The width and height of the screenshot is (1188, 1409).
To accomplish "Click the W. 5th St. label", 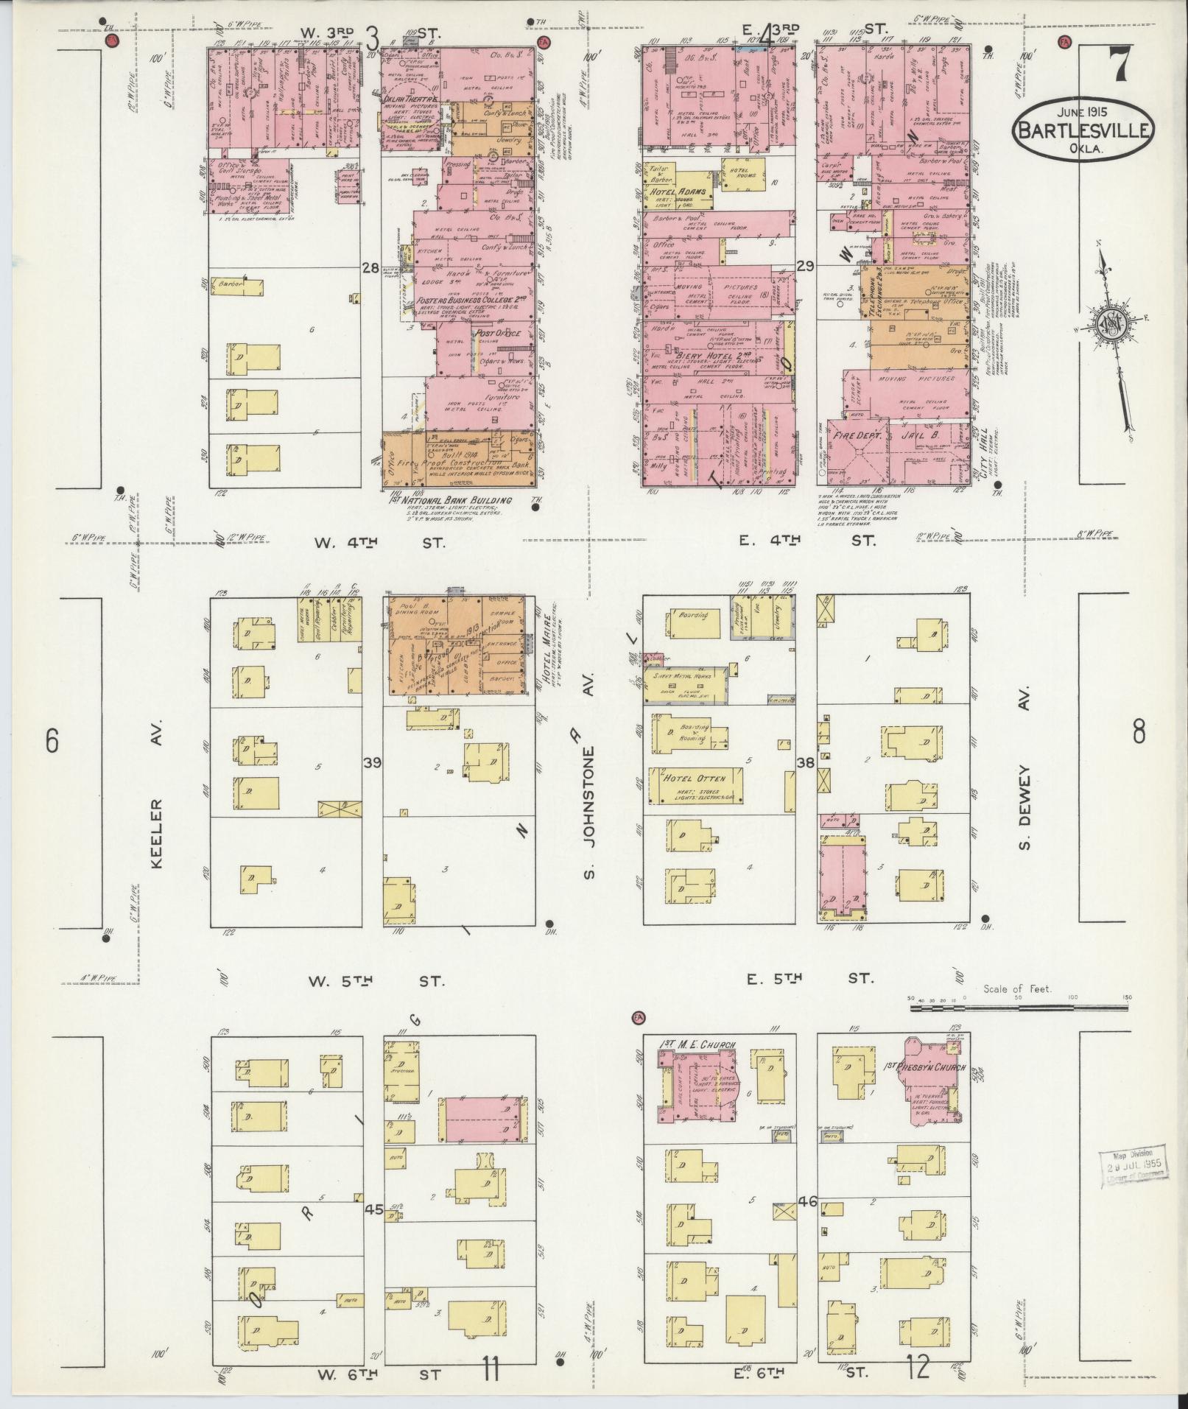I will click(x=376, y=980).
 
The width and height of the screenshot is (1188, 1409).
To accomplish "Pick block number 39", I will click(x=372, y=762).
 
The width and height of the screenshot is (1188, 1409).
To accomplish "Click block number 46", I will click(x=807, y=1201).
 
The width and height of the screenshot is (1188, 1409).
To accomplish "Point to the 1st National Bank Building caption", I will click(x=449, y=501).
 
